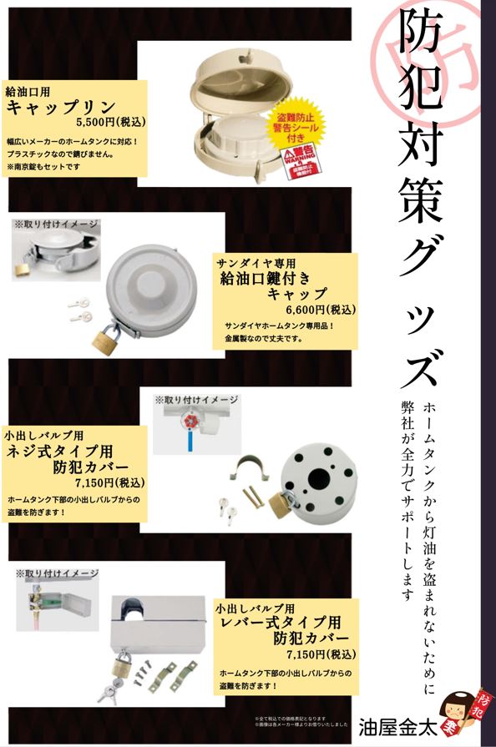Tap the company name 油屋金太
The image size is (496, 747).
pyautogui.click(x=392, y=722)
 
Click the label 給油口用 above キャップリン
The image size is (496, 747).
pyautogui.click(x=28, y=91)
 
